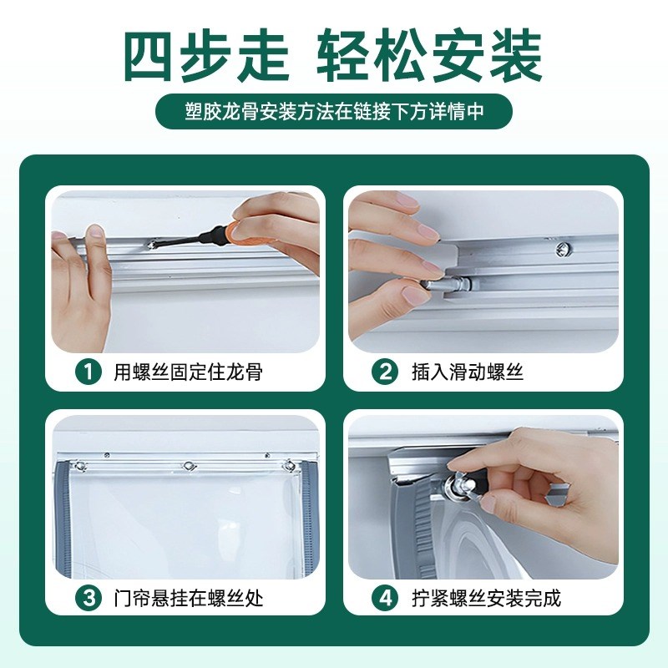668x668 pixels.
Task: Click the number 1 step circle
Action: click(88, 372)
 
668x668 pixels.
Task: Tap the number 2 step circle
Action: click(386, 372)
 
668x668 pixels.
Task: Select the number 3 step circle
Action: click(88, 598)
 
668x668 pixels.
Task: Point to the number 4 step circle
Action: click(386, 598)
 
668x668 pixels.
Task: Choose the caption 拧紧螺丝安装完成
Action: click(486, 598)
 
